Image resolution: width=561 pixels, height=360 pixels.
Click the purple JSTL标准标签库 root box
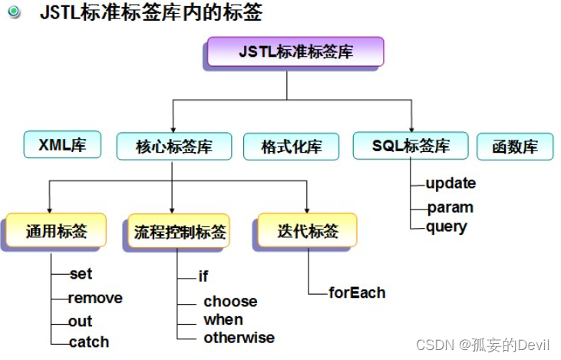(x=295, y=51)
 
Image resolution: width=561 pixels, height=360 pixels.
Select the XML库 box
(x=62, y=144)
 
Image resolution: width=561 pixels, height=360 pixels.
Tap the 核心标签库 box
(x=174, y=147)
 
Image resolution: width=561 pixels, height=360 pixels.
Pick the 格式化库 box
(x=291, y=147)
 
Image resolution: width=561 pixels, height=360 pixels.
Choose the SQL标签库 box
(x=411, y=146)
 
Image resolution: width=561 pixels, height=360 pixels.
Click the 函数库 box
(x=515, y=147)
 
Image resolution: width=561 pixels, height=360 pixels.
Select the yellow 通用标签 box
(x=56, y=230)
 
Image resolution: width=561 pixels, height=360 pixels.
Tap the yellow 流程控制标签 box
(x=179, y=231)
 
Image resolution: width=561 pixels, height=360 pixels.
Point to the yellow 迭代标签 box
(x=307, y=230)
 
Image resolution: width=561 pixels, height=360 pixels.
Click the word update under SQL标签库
(x=450, y=183)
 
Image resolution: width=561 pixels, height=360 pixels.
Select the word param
(x=450, y=208)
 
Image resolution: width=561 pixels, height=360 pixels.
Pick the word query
(x=447, y=227)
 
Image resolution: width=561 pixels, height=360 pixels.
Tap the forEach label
(x=357, y=292)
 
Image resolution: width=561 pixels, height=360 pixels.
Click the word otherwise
(x=239, y=338)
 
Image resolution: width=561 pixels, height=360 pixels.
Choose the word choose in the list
(x=230, y=302)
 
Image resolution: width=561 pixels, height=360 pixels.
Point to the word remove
(x=95, y=298)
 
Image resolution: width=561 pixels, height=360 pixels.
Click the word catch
(x=89, y=342)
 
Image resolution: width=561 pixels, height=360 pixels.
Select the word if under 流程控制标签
(x=203, y=276)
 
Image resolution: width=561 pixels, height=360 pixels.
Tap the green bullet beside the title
(x=15, y=12)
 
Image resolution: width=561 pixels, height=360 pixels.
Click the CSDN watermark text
(x=483, y=345)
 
